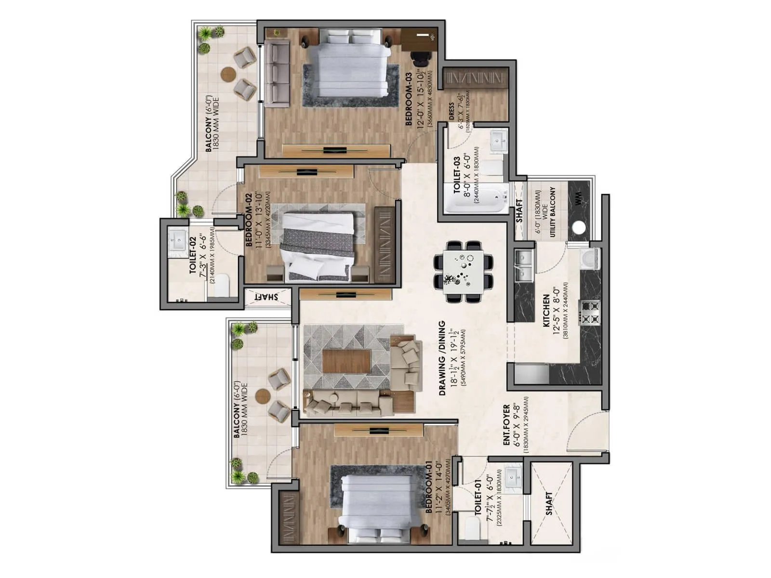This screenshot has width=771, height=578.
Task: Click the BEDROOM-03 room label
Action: [408, 99]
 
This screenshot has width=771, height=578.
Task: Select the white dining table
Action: [463, 272]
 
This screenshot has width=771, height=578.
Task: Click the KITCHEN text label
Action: [546, 311]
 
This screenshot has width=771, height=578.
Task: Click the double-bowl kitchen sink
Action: [524, 265]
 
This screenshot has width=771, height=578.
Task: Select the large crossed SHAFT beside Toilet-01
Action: [551, 503]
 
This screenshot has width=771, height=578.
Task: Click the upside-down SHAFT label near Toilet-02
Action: [267, 297]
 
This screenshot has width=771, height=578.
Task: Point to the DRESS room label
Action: [452, 111]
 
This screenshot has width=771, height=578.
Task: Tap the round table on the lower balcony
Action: [263, 396]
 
